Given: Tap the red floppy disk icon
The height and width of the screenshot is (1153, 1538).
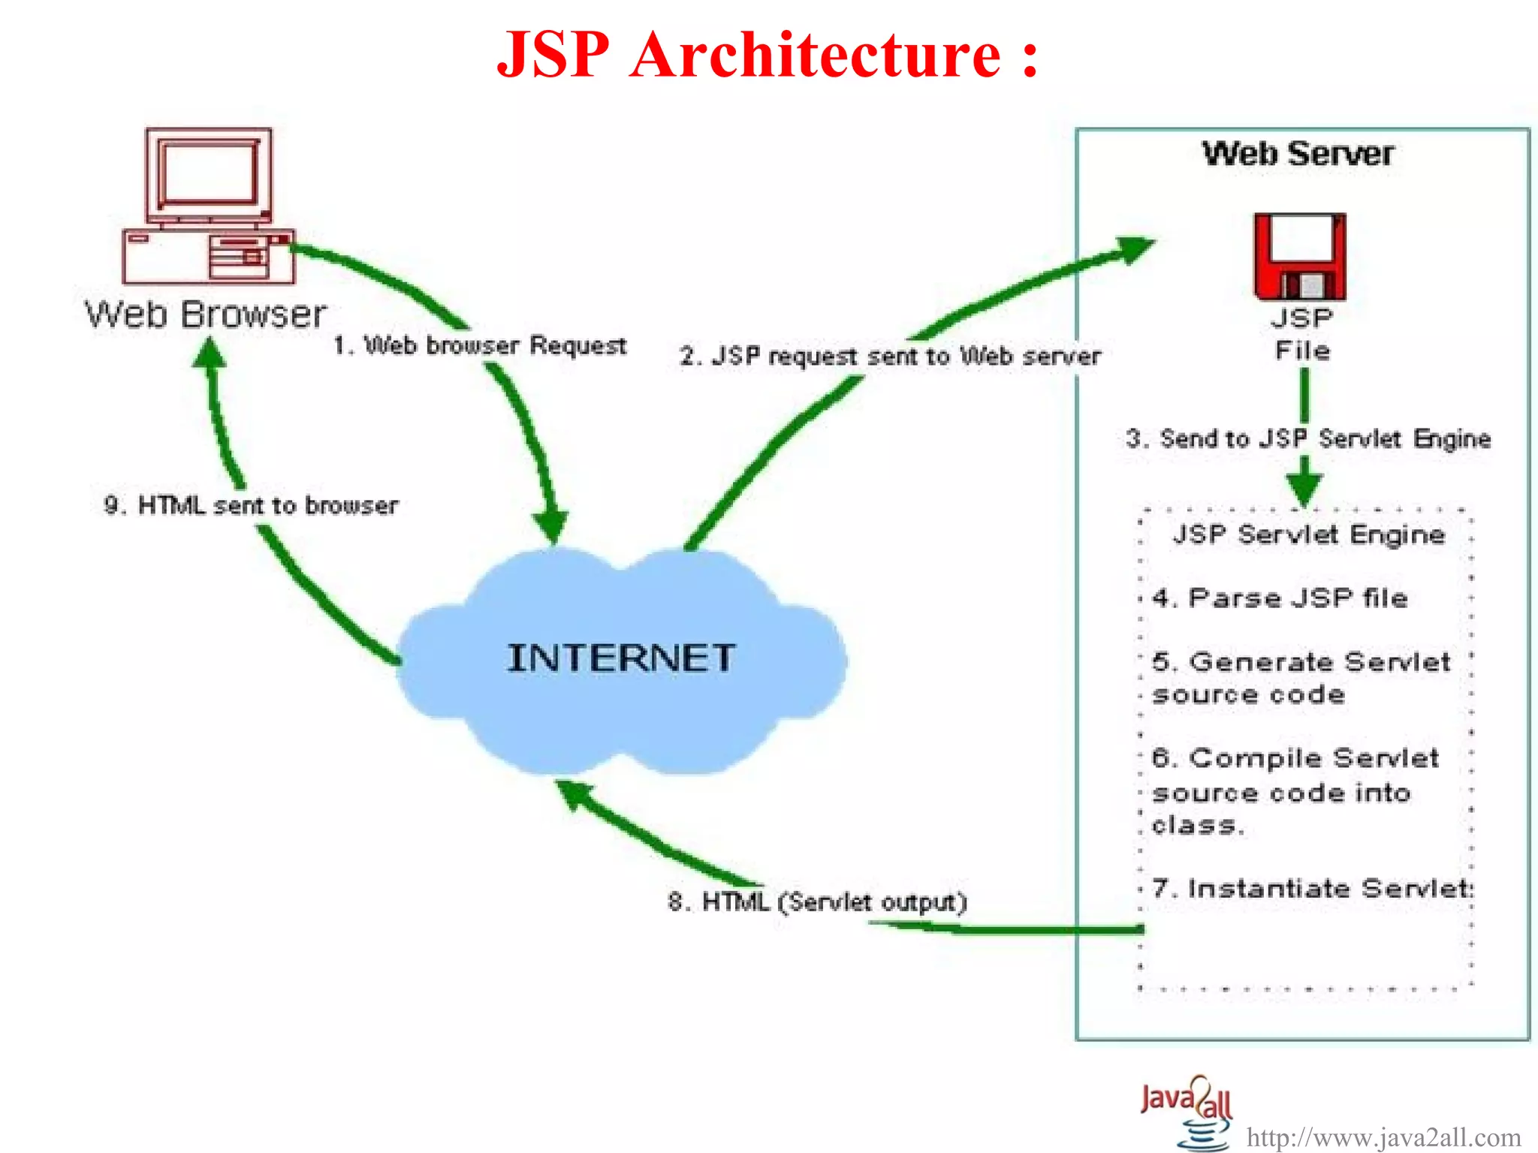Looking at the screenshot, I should [x=1300, y=257].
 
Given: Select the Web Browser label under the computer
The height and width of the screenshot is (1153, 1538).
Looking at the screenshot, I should [x=206, y=314].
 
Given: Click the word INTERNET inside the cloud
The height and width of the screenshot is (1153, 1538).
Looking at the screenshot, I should [x=621, y=658].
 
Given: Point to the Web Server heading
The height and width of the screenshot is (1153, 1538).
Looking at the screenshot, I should [x=1298, y=154].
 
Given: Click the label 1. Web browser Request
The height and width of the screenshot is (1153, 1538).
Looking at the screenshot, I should [x=480, y=345].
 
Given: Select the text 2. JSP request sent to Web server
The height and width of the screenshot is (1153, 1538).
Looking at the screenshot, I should [x=890, y=356].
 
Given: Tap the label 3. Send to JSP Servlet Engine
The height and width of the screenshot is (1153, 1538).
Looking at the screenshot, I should [x=1308, y=438].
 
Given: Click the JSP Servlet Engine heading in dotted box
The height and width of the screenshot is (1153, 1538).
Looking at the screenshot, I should [x=1308, y=534].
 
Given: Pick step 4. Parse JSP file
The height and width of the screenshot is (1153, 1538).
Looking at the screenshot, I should [x=1280, y=598].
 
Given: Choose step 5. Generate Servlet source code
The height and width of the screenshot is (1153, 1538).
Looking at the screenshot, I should [x=1301, y=678].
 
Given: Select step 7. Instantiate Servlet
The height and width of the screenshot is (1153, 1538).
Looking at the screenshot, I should [x=1312, y=889].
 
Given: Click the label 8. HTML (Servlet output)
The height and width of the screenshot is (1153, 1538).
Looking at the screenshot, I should [x=817, y=902].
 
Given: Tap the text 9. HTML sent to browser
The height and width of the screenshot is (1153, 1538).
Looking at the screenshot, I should [x=252, y=505].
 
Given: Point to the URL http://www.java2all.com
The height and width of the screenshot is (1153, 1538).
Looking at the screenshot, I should [x=1383, y=1137].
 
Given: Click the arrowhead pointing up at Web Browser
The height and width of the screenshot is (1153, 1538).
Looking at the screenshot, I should [x=210, y=353].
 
